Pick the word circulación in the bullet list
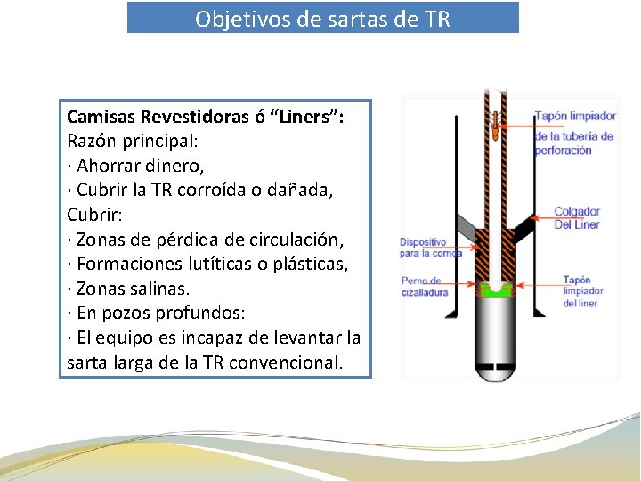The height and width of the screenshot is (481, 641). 298,240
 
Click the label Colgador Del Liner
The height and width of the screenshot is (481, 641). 577,217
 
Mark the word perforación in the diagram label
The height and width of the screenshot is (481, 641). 563,151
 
